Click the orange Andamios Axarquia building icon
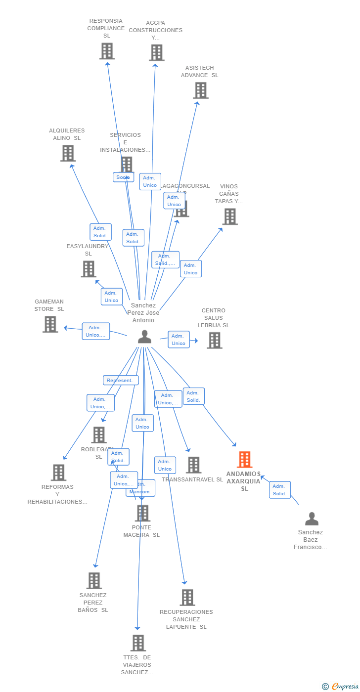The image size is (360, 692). click(244, 460)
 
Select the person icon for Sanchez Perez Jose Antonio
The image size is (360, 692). click(144, 337)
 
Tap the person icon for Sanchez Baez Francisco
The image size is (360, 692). click(312, 519)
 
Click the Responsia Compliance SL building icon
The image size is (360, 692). click(107, 51)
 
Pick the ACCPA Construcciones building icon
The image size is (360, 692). click(156, 52)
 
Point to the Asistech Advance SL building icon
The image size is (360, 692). click(200, 90)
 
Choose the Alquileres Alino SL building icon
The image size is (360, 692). click(68, 153)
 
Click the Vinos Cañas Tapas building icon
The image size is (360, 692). click(229, 216)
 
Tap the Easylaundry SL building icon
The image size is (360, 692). click(89, 269)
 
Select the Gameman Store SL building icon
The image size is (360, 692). click(50, 324)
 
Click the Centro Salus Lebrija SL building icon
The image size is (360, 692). click(214, 340)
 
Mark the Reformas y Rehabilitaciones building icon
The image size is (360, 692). click(58, 473)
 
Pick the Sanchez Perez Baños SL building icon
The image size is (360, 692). click(94, 581)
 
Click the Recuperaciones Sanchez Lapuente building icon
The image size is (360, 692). click(187, 598)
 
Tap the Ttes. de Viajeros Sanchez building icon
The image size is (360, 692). click(138, 643)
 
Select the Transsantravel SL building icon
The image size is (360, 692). click(193, 465)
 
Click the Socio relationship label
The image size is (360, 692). click(123, 177)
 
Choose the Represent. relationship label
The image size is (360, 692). click(121, 381)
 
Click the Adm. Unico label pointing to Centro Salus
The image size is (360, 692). click(179, 340)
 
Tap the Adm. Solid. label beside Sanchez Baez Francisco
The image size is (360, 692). click(280, 490)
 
